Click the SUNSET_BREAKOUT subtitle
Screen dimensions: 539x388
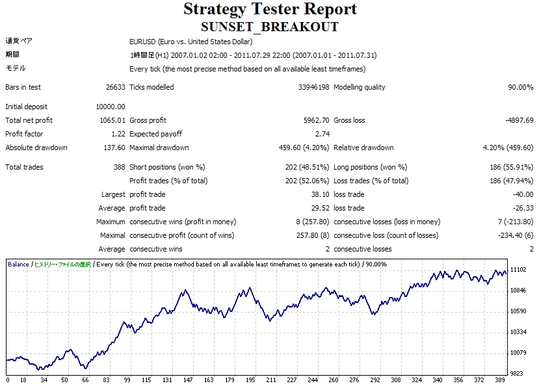coord(270,27)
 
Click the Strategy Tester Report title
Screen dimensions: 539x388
coord(270,9)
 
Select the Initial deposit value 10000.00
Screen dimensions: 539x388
coord(111,107)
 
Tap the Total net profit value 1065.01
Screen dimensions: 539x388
coord(112,120)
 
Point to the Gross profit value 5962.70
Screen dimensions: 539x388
coord(316,120)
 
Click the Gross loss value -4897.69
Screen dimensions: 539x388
coord(519,120)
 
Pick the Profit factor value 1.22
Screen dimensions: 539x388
coord(118,134)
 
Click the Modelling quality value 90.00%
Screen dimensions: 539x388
coord(521,87)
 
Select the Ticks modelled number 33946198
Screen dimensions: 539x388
coord(313,87)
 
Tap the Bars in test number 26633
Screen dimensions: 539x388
coord(116,87)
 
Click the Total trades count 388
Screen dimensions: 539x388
coord(119,167)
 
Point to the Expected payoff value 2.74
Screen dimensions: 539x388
coord(322,134)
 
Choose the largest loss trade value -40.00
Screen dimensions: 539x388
coord(523,194)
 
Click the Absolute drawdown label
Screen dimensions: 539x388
coord(36,148)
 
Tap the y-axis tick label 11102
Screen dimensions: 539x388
coord(518,270)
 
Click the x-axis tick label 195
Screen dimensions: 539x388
coord(250,380)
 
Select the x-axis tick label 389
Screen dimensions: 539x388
coord(500,380)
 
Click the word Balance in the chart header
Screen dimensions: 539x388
coord(18,265)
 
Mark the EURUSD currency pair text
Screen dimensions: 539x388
coord(142,42)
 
